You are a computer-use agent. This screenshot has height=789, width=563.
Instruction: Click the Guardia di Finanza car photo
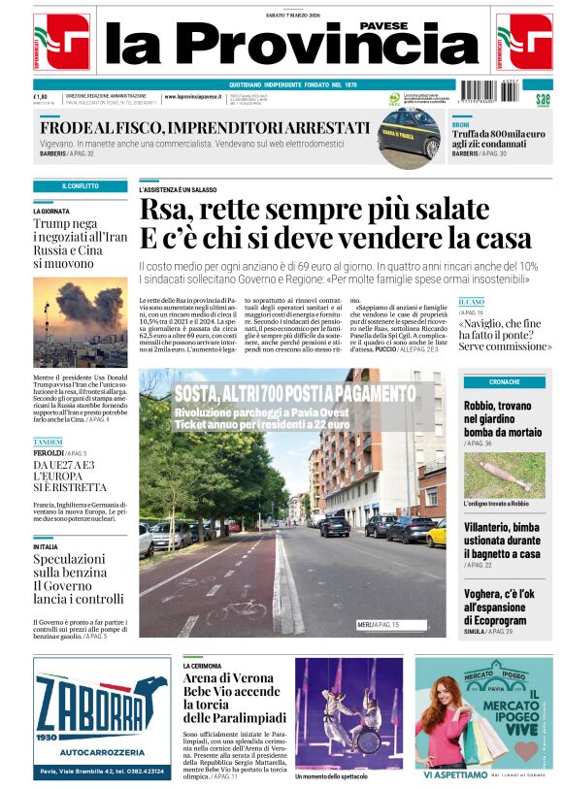(x=409, y=134)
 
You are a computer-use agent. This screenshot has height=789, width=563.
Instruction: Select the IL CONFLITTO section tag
(x=80, y=185)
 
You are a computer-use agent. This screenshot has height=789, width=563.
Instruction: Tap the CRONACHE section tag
(x=504, y=381)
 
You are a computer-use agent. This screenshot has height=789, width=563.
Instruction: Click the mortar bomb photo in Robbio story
(x=504, y=475)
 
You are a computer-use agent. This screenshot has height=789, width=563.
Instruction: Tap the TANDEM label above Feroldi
(x=48, y=443)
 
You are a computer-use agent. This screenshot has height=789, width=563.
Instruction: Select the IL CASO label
(x=472, y=302)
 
